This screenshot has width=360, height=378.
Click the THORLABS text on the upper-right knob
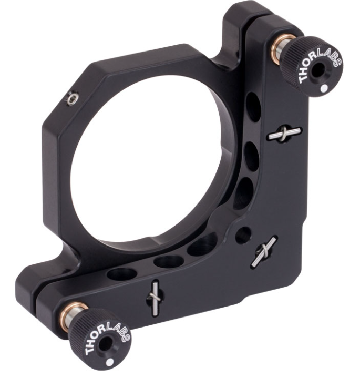[x=318, y=63]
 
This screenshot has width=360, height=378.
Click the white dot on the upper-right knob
[x=324, y=88]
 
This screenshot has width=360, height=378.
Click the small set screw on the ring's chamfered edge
[x=72, y=98]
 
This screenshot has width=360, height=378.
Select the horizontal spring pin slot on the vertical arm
[x=284, y=134]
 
